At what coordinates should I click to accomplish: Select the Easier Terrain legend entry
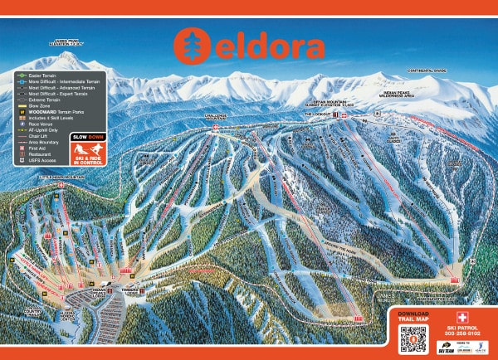tap(41, 75)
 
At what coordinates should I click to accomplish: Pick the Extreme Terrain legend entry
tap(41, 100)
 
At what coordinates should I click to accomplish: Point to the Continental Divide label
tap(427, 71)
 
